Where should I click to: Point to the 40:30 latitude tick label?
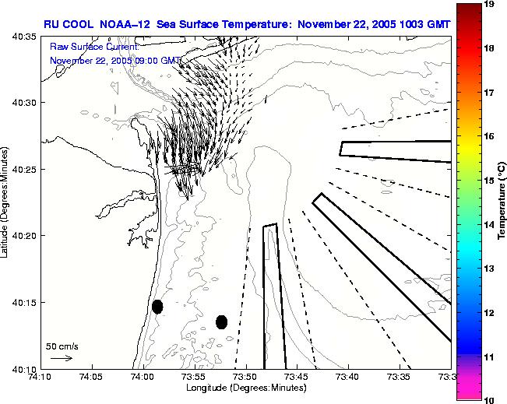(26, 103)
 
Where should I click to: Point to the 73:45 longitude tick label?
(297, 378)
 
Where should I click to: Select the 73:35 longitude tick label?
(400, 378)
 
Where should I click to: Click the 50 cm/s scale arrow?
(61, 358)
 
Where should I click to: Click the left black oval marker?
(157, 307)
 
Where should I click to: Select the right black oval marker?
(222, 321)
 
